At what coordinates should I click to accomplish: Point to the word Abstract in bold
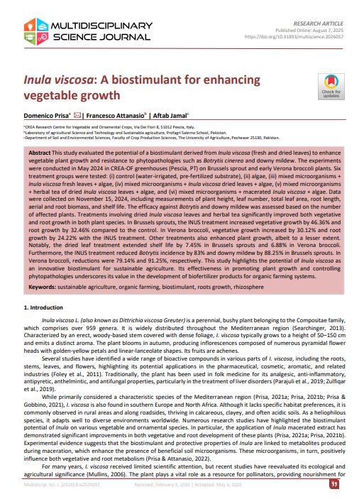click(42, 153)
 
